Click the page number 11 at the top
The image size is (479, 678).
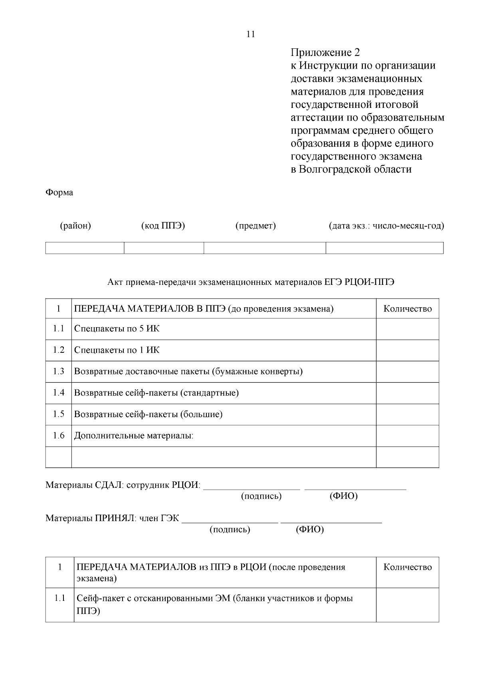pyautogui.click(x=251, y=34)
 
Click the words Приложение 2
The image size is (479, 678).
pyautogui.click(x=325, y=53)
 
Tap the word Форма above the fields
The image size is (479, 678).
pyautogui.click(x=59, y=193)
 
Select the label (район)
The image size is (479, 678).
pyautogui.click(x=75, y=226)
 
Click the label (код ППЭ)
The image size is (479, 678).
pyautogui.click(x=163, y=226)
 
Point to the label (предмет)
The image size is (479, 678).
pyautogui.click(x=255, y=226)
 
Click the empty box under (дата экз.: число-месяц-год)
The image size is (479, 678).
pyautogui.click(x=384, y=248)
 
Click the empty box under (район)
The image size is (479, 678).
pyautogui.click(x=85, y=248)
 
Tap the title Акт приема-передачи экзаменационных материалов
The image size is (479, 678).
pyautogui.click(x=251, y=282)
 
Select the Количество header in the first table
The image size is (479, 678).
pyautogui.click(x=407, y=309)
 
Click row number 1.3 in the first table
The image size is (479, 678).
pyautogui.click(x=58, y=372)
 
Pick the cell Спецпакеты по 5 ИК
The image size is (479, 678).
pyautogui.click(x=117, y=329)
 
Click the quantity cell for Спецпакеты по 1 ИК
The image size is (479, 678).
pyautogui.click(x=407, y=350)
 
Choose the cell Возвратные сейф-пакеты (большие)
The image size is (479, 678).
pyautogui.click(x=148, y=414)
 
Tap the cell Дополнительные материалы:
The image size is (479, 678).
pyautogui.click(x=134, y=435)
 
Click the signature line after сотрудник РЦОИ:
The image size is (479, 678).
pyautogui.click(x=251, y=487)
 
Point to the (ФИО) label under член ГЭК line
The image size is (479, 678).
pyautogui.click(x=310, y=530)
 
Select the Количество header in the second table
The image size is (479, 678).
pyautogui.click(x=407, y=567)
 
